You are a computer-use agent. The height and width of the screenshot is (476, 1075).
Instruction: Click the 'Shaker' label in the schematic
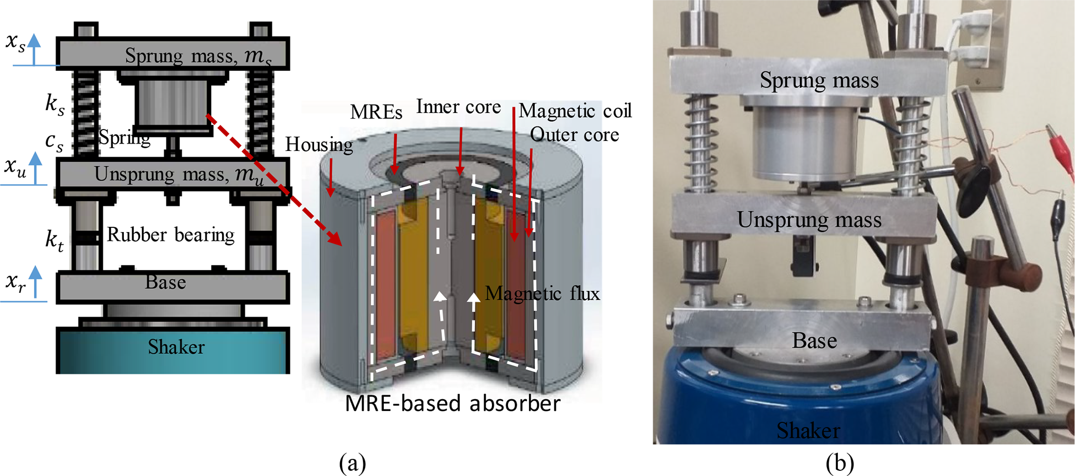(x=176, y=347)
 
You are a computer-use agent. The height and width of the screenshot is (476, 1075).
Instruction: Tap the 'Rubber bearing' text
(x=171, y=235)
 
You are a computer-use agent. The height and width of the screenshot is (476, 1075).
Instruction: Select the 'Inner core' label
(x=458, y=107)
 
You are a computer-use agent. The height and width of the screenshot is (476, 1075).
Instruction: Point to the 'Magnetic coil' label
(x=575, y=111)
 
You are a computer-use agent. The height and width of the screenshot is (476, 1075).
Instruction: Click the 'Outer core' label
(x=574, y=135)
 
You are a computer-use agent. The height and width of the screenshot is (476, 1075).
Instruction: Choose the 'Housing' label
(x=319, y=145)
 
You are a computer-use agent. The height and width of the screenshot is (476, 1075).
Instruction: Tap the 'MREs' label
(x=376, y=112)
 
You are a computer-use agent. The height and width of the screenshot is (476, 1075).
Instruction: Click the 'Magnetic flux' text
(x=542, y=294)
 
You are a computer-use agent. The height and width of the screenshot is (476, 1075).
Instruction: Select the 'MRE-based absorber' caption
(x=452, y=404)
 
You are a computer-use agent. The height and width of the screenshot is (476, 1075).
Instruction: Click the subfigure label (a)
(x=352, y=462)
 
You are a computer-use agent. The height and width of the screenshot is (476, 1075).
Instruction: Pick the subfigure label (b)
(x=839, y=462)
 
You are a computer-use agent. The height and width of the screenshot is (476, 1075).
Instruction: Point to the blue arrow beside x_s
(x=34, y=49)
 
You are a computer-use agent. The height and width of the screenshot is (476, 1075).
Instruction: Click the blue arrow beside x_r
(x=35, y=281)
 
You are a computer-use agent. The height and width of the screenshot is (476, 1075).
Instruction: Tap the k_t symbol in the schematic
(x=55, y=240)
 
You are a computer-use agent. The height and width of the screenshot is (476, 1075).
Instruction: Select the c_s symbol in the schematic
(x=54, y=141)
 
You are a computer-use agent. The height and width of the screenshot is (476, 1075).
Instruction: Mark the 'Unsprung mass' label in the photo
(x=809, y=220)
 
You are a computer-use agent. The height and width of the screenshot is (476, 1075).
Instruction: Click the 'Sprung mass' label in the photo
(x=819, y=81)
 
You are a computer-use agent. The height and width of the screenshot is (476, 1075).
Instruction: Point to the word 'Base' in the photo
(x=814, y=341)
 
